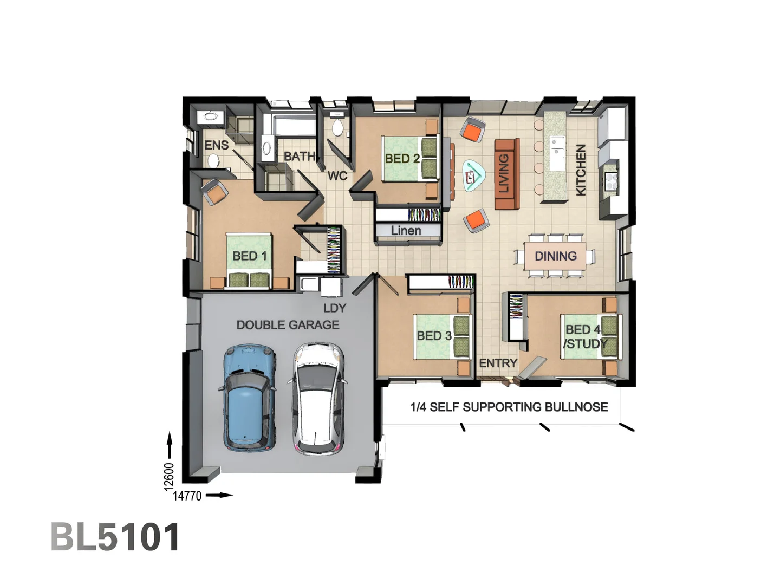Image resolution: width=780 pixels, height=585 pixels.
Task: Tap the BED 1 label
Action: click(249, 256)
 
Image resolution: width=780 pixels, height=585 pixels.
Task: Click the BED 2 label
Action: click(402, 159)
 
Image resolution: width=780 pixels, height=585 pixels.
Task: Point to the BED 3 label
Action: click(434, 336)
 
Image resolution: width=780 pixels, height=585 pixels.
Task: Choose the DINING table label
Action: click(555, 256)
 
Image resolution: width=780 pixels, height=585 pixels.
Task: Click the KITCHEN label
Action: click(581, 170)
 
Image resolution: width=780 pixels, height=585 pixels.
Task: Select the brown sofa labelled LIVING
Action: click(506, 174)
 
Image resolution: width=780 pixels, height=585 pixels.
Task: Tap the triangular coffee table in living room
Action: click(472, 175)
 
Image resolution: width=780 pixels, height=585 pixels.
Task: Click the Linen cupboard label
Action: click(406, 231)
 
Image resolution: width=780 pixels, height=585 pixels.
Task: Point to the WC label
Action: click(337, 176)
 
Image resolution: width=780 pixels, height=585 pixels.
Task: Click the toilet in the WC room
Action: click(337, 128)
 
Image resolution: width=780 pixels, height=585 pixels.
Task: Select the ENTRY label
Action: click(498, 363)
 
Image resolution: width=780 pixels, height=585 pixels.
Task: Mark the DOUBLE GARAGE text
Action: click(288, 325)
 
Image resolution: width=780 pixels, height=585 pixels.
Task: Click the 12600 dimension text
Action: click(170, 477)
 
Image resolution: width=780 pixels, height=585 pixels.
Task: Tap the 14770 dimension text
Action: click(187, 496)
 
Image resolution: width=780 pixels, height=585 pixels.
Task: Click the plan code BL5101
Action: click(115, 537)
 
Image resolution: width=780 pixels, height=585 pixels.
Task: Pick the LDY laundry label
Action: click(334, 308)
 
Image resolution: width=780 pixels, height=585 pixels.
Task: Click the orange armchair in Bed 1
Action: click(215, 192)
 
